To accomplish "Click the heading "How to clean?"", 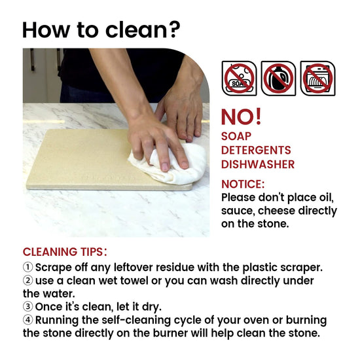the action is [x=101, y=30].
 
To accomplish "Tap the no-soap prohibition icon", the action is [x=239, y=79].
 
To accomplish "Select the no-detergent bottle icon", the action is [x=278, y=79].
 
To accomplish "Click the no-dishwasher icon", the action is [x=317, y=79].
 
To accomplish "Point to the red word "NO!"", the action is [x=242, y=117].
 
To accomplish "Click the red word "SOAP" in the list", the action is [x=236, y=136].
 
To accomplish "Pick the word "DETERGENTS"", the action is [x=256, y=151].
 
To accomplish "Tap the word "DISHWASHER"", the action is [x=258, y=164].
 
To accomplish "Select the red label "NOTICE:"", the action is [x=243, y=184].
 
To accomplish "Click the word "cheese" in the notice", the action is [x=276, y=211].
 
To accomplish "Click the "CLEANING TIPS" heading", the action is [x=65, y=252].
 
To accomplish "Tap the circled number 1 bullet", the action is [x=27, y=267].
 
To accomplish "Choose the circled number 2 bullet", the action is [x=27, y=281].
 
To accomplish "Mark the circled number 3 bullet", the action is [x=27, y=306].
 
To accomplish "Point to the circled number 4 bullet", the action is [x=27, y=320].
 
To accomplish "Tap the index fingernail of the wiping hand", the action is [x=165, y=167].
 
